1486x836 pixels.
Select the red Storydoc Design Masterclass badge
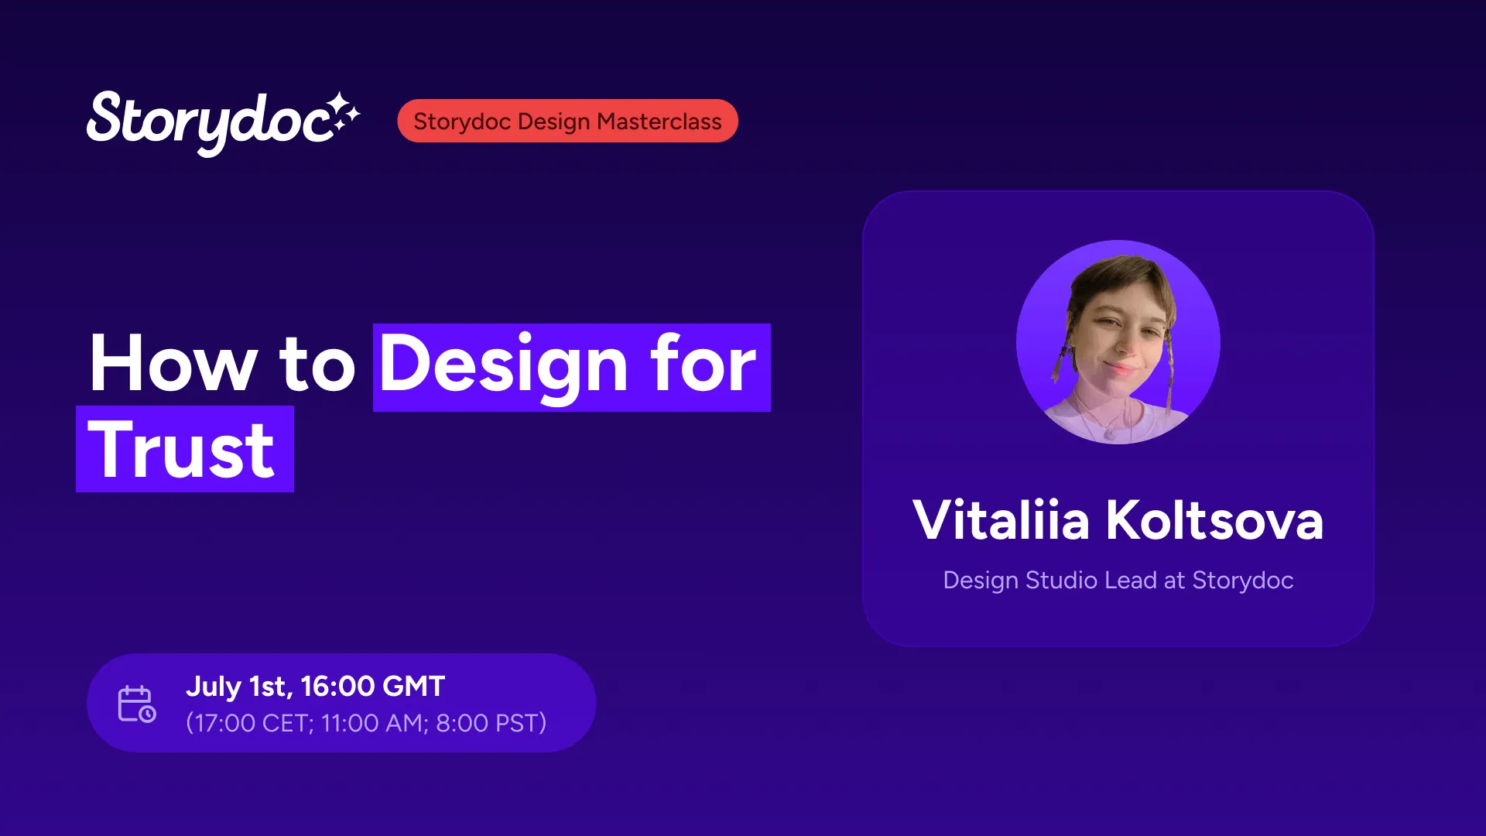point(567,121)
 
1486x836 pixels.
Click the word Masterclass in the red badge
point(659,122)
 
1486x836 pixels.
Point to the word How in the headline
point(173,364)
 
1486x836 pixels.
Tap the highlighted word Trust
point(183,450)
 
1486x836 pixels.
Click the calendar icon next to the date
point(137,704)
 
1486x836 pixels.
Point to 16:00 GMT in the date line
point(372,686)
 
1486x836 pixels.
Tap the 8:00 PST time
point(488,723)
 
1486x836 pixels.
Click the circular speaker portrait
point(1118,342)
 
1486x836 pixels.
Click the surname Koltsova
point(1214,519)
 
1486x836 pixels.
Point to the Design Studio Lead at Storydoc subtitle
point(1118,581)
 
